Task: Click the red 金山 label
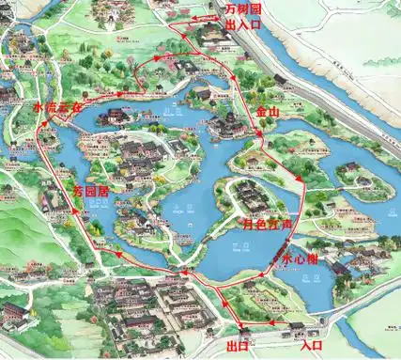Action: point(268,111)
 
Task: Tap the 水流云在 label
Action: point(52,108)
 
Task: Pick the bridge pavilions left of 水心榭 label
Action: point(278,251)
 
